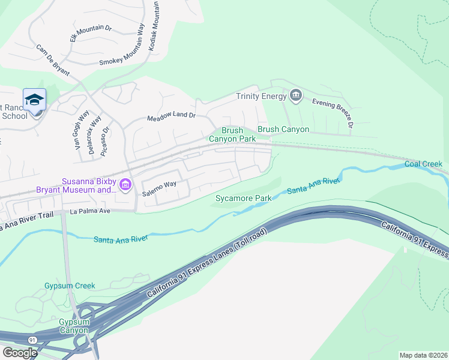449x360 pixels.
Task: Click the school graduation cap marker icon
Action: coord(34,99)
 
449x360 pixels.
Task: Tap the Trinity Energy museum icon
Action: coord(295,95)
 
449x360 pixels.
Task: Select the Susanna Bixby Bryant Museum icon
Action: coord(125,185)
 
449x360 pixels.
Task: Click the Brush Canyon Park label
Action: coord(232,134)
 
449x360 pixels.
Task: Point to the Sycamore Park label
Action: coord(244,198)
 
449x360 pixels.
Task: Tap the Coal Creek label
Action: coord(423,164)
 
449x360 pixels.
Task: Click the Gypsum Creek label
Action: coord(70,286)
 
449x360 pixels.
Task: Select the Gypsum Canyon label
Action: coord(74,326)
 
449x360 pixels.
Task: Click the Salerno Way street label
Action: coord(159,189)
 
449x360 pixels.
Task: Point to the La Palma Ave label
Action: coord(91,212)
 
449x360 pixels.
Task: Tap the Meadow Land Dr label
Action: coord(172,116)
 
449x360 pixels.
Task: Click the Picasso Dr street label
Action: coord(106,141)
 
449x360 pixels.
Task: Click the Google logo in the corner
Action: coord(19,353)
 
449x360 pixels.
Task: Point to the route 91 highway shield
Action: coord(32,340)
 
